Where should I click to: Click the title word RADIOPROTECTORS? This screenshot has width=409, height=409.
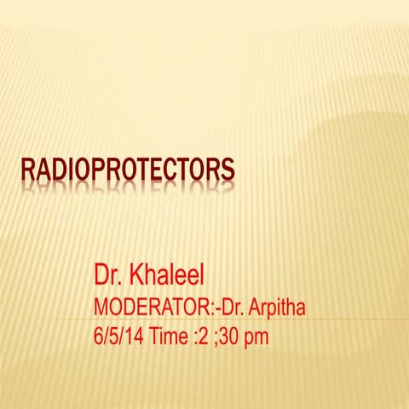(x=128, y=170)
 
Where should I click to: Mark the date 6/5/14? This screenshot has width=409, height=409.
(x=120, y=336)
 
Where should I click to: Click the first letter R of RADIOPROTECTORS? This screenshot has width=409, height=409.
(x=26, y=170)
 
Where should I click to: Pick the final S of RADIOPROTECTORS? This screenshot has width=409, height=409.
(x=228, y=170)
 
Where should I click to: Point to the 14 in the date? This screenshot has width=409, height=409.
(x=135, y=336)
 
